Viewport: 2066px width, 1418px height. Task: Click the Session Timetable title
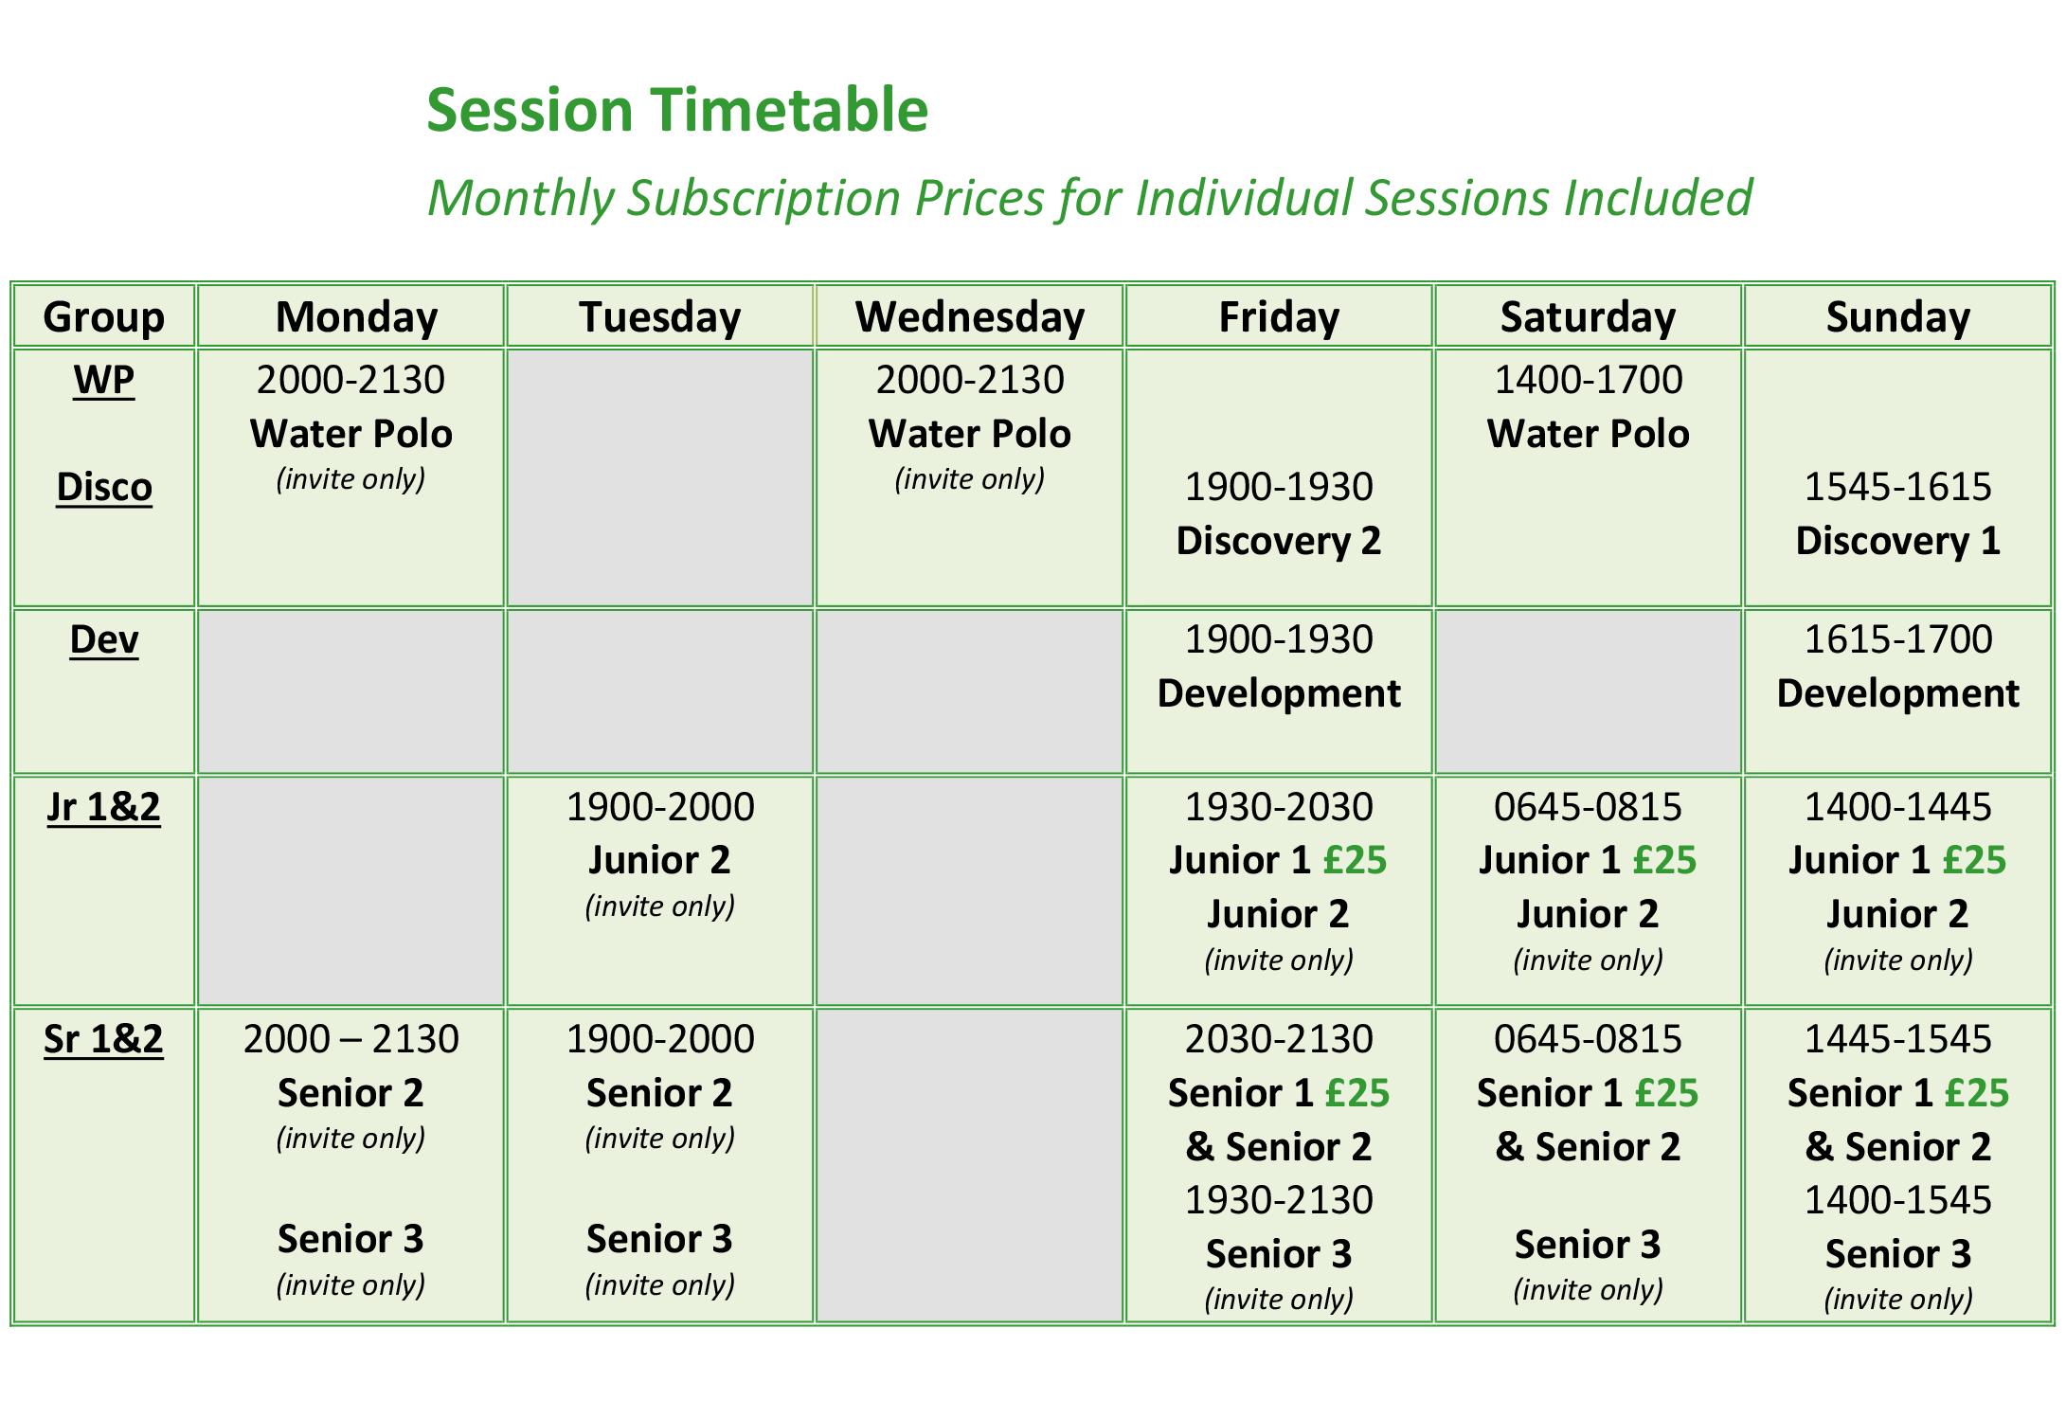click(676, 110)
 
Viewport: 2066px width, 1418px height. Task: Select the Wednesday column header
click(969, 316)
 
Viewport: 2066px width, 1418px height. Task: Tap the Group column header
click(103, 316)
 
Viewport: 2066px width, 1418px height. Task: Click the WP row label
click(103, 380)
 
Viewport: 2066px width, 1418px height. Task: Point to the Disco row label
click(103, 487)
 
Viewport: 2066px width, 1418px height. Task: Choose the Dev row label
click(103, 639)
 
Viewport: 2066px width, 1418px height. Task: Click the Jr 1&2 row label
click(103, 807)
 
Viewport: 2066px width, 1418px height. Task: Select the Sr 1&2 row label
click(103, 1039)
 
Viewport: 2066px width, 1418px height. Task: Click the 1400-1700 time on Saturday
click(1588, 380)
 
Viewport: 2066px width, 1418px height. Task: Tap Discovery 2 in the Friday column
click(1278, 541)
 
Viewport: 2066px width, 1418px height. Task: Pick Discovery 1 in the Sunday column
click(1897, 541)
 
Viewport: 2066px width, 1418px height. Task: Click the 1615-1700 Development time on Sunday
click(1897, 639)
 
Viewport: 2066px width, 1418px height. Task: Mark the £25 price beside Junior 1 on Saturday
click(1664, 860)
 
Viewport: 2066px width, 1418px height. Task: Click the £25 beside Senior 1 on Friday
click(1356, 1093)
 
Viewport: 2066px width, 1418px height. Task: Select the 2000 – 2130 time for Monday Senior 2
click(350, 1039)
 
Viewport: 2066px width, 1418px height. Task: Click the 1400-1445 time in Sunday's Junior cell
click(1897, 807)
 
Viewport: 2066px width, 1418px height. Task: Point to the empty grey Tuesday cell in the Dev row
click(659, 691)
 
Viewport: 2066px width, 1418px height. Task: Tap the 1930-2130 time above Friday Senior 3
click(1278, 1200)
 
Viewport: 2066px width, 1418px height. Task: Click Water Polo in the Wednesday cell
click(969, 434)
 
